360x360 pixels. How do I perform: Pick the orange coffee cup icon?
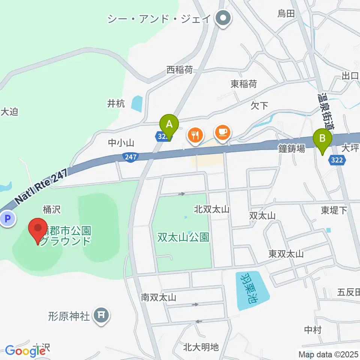pos(222,132)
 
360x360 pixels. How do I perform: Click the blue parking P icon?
pos(7,218)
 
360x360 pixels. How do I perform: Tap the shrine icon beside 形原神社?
pos(100,315)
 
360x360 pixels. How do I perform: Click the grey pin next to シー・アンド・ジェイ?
pos(223,18)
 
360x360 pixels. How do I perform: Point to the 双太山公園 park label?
pos(183,237)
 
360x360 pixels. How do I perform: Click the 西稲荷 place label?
pos(180,70)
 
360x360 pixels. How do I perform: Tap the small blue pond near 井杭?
pos(137,103)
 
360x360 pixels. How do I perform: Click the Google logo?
pos(25,351)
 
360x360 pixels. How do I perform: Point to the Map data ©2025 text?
pos(328,354)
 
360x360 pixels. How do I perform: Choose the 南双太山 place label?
pos(159,298)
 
